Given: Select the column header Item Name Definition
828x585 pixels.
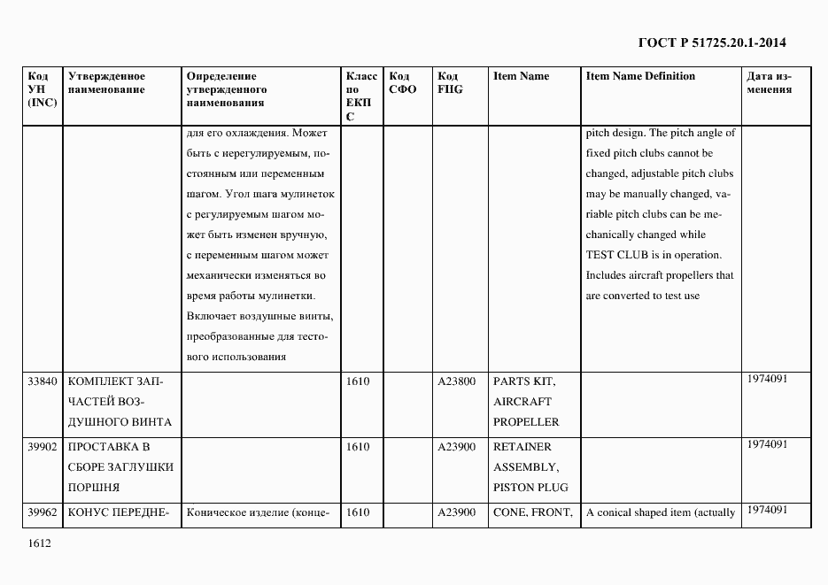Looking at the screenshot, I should [x=640, y=76].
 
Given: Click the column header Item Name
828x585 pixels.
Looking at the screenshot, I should [x=521, y=76].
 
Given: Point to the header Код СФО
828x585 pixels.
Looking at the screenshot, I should [x=402, y=83].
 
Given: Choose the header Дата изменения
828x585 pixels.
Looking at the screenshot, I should [x=769, y=83].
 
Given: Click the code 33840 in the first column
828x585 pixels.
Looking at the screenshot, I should [x=43, y=381].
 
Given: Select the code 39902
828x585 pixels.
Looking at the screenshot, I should [x=43, y=447].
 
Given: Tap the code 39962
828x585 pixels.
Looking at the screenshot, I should [x=43, y=512].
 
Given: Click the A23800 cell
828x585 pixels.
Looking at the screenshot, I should [x=456, y=381].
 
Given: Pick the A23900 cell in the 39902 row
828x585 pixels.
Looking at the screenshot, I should [x=456, y=447].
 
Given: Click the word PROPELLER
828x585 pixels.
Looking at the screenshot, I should [x=526, y=422].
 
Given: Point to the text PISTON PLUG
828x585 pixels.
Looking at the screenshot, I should [x=530, y=488].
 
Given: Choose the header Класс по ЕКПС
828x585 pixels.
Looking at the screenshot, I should [x=360, y=96].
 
